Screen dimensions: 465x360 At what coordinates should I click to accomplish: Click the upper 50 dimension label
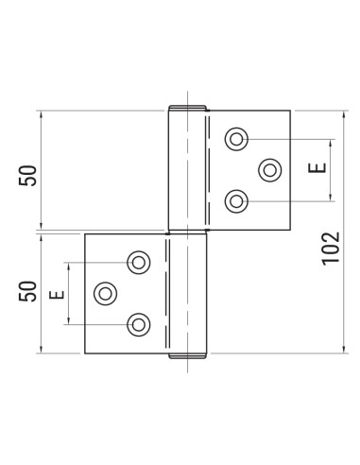[x=28, y=176]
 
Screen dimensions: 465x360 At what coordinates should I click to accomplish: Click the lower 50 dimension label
[x=28, y=291]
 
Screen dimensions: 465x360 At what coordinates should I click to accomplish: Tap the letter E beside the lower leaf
[x=56, y=293]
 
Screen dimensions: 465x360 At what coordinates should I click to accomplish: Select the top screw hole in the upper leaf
[x=235, y=140]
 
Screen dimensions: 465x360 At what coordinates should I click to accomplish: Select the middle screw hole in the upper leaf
[x=269, y=170]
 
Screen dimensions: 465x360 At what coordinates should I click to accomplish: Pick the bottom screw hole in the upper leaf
[x=235, y=200]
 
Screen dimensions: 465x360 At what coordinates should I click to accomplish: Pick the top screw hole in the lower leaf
[x=139, y=262]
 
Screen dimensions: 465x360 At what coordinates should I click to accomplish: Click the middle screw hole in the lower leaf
[x=105, y=293]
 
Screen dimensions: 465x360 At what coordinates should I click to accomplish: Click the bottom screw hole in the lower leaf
[x=139, y=324]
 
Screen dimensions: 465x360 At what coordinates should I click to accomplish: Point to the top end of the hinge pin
[x=187, y=106]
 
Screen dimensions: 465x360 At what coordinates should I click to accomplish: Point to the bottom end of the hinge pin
[x=187, y=357]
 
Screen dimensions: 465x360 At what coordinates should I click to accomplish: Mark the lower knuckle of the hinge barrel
[x=187, y=293]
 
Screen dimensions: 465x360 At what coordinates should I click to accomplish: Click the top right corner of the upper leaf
[x=290, y=111]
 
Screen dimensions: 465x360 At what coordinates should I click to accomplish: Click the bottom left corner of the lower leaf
[x=85, y=353]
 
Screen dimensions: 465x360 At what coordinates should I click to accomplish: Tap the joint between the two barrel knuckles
[x=187, y=232]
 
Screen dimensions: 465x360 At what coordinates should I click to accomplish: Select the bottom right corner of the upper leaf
[x=290, y=231]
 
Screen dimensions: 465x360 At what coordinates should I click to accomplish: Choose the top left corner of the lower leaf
[x=85, y=234]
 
